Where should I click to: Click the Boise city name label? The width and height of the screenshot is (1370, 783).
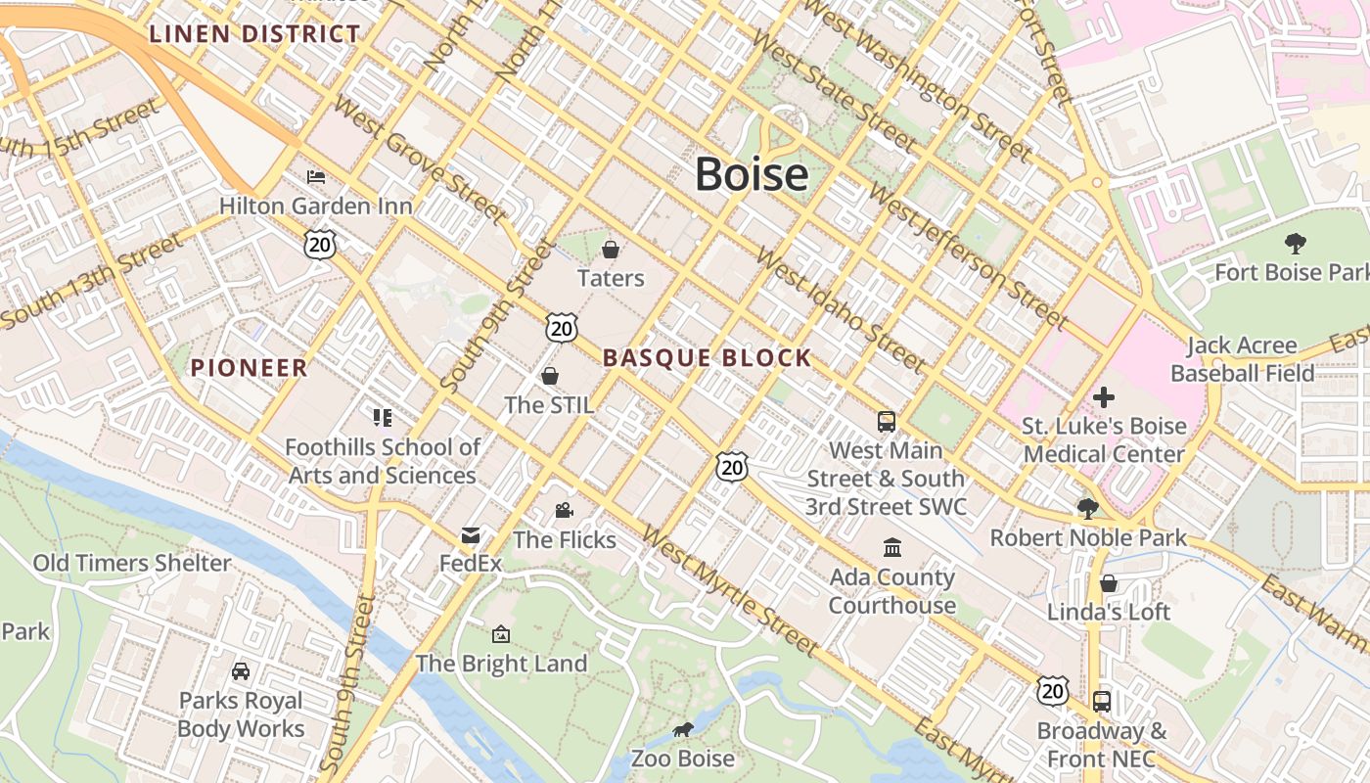(x=752, y=174)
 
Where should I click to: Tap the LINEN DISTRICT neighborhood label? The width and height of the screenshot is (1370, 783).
(x=254, y=34)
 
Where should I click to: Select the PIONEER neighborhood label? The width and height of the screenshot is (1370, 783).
(x=249, y=368)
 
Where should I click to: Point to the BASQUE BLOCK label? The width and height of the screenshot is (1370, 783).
(x=707, y=358)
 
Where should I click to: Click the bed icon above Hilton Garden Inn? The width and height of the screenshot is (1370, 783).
(x=316, y=177)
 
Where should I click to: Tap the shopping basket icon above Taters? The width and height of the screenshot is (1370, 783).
(x=611, y=250)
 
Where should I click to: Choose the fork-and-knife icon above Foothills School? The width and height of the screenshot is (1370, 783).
(x=383, y=418)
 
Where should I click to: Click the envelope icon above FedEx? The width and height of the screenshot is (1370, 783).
(x=471, y=535)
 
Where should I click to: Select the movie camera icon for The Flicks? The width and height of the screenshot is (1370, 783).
(x=564, y=510)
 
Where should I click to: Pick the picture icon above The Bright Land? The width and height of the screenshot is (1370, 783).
(x=501, y=634)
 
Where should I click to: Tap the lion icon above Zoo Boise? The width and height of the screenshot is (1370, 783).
(x=683, y=730)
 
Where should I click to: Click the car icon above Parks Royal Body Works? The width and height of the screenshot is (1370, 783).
(x=241, y=671)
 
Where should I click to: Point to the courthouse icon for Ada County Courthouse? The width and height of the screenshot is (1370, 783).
(x=891, y=547)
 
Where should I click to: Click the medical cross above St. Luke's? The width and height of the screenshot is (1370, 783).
(x=1104, y=396)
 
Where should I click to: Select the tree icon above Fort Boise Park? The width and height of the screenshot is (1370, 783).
(x=1296, y=243)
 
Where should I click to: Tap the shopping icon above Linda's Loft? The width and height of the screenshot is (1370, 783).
(x=1108, y=583)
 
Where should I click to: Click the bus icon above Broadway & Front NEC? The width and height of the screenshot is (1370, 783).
(x=1102, y=701)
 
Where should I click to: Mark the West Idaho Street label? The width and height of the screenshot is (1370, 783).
(x=841, y=311)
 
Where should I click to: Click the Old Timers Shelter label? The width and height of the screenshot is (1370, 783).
(x=132, y=563)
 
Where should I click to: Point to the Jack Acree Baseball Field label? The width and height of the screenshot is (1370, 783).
(x=1242, y=359)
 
